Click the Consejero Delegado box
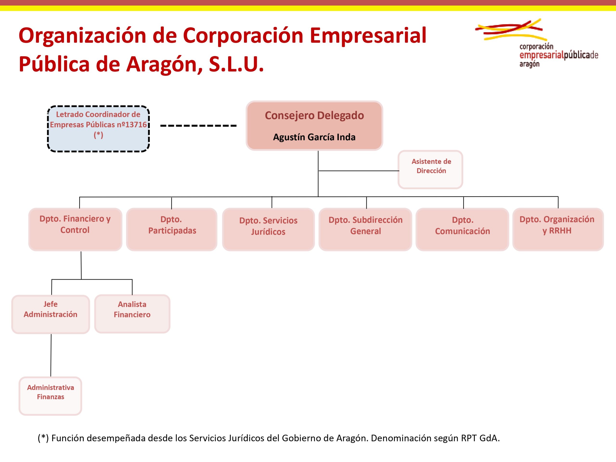[314, 126]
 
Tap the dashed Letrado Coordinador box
[98, 129]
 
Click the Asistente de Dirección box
[430, 170]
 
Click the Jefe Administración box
[51, 314]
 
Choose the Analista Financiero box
[132, 314]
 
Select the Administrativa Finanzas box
[50, 396]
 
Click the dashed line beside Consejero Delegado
[199, 126]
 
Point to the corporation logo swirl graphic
[511, 29]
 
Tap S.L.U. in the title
[236, 64]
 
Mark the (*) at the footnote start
[43, 438]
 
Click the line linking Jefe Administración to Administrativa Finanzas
[51, 355]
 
